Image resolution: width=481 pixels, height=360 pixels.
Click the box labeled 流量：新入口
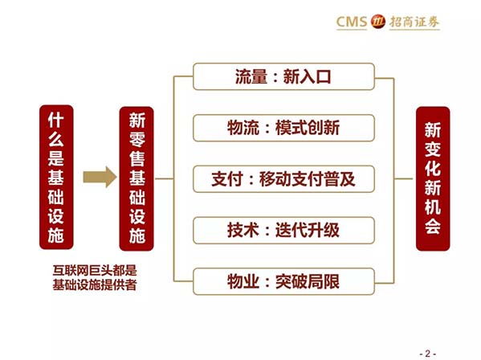click(x=283, y=76)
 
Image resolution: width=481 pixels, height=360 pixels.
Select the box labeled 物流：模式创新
click(x=283, y=128)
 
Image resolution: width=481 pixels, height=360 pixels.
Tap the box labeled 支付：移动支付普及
click(x=283, y=179)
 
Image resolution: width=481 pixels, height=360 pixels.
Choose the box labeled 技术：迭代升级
click(x=283, y=230)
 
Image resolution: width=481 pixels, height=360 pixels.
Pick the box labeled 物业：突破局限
click(x=283, y=281)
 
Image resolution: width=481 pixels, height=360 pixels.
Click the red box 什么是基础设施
click(x=56, y=177)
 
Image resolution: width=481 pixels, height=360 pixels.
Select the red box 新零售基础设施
click(x=137, y=178)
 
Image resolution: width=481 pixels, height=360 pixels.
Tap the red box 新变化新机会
click(x=433, y=178)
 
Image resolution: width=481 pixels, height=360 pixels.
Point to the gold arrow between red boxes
click(x=100, y=177)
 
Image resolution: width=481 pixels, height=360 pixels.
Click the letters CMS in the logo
click(x=352, y=22)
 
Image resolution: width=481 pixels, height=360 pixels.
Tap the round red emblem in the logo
click(x=378, y=22)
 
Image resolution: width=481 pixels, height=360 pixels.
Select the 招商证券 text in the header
click(x=414, y=22)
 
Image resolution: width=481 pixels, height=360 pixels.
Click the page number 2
click(x=428, y=354)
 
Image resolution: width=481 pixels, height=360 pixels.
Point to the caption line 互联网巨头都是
click(x=95, y=270)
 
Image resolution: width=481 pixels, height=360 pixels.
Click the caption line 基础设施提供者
click(x=95, y=284)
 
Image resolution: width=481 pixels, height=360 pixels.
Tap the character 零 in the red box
click(x=137, y=139)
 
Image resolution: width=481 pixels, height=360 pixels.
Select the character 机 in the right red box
click(x=433, y=207)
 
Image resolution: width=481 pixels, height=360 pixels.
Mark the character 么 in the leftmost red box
click(x=56, y=139)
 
